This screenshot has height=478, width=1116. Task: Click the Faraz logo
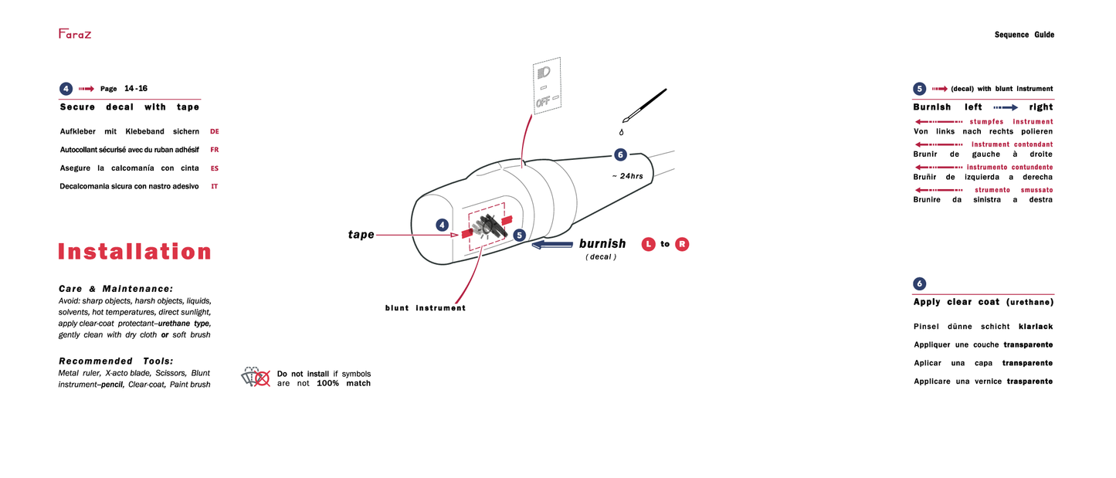coord(75,33)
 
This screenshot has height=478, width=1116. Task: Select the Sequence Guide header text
coord(1023,35)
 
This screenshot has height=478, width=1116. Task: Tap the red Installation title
coord(134,252)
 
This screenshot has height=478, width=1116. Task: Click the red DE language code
coord(215,132)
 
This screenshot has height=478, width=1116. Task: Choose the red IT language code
coord(215,187)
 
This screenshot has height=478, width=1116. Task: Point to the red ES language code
coord(215,168)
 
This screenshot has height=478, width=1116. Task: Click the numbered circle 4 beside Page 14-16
coord(66,89)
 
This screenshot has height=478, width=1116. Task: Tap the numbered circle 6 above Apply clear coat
coord(919,283)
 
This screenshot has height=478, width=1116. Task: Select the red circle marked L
coord(648,244)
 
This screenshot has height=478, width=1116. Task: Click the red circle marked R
coord(682,244)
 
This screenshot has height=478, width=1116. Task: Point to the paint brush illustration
coord(645,105)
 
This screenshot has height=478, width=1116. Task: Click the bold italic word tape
coord(361,235)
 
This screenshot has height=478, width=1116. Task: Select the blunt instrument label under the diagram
coord(426,308)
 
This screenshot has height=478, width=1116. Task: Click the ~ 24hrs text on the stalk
coord(627,176)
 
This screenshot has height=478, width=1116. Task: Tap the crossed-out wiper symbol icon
coord(256,377)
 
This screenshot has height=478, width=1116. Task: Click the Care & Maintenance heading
coord(116,288)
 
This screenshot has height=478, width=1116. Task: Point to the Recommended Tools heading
coord(116,361)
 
